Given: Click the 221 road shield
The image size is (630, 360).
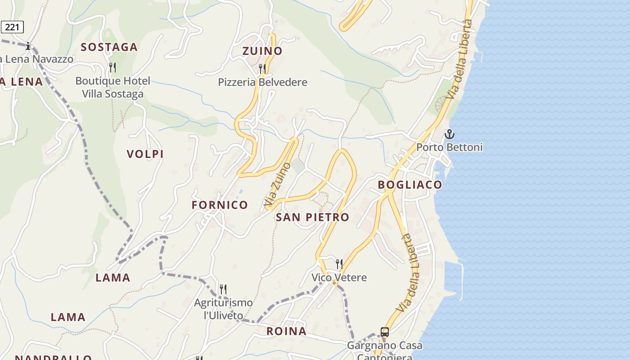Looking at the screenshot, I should coord(12,27).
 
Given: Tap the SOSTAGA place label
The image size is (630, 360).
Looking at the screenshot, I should coord(109,47).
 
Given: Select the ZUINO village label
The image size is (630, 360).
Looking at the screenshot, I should coord(262,51).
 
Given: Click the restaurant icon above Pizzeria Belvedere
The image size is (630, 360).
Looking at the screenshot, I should coord(262,68).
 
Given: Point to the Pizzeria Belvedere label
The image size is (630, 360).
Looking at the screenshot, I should coord(262,82).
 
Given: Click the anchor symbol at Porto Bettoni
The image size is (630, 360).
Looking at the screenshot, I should coord(449,134).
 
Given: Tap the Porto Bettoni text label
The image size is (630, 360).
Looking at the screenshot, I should coord(449,147).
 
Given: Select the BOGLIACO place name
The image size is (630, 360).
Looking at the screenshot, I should coord(409,185).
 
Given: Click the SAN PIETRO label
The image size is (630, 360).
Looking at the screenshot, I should coord(312,217).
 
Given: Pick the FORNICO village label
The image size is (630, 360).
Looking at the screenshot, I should coord(220,205).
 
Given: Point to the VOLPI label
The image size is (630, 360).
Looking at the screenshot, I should coord(145,154).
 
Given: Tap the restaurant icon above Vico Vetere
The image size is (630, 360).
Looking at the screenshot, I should coord(339,264).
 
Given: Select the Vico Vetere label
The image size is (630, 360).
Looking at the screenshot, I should coord(339,278).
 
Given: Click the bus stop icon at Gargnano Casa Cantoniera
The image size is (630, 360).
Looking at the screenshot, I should coord(385,332).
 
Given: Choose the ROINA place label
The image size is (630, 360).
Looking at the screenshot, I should coord(286,332).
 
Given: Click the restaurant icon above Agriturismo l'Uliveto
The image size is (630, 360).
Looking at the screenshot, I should coord(223,288).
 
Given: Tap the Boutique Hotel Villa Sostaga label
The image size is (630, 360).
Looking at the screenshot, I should coord(112,87).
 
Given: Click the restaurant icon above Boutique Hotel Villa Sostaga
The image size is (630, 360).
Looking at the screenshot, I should coord(112,67).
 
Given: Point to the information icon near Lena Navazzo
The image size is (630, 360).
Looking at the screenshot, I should coord(28,46).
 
